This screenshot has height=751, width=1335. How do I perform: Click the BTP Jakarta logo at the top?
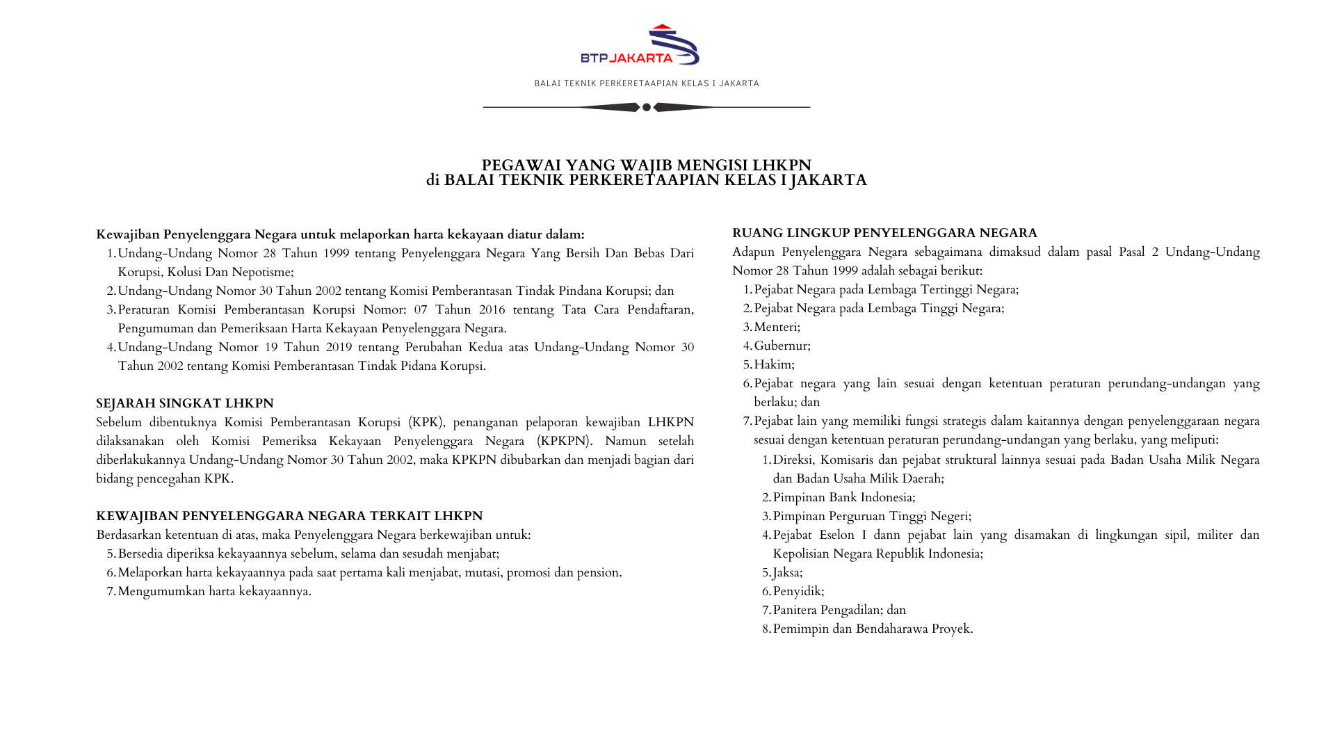pyautogui.click(x=640, y=45)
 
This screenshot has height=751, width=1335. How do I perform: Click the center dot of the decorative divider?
pyautogui.click(x=647, y=107)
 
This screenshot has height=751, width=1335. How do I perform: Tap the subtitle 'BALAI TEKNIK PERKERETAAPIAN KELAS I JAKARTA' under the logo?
pyautogui.click(x=647, y=83)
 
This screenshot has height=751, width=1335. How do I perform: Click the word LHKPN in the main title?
pyautogui.click(x=782, y=165)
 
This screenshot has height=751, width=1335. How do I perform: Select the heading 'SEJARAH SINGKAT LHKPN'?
pyautogui.click(x=185, y=403)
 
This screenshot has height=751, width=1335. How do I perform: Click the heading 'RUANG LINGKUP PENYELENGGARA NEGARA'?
pyautogui.click(x=884, y=233)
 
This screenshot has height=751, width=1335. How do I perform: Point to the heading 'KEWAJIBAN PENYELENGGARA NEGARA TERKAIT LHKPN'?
pyautogui.click(x=289, y=516)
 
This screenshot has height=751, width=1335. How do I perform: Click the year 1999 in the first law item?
pyautogui.click(x=336, y=253)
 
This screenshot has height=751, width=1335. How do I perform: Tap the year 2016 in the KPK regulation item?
pyautogui.click(x=492, y=309)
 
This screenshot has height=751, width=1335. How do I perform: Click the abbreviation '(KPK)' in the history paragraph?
pyautogui.click(x=426, y=422)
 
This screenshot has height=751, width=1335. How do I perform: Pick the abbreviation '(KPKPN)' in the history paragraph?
pyautogui.click(x=564, y=441)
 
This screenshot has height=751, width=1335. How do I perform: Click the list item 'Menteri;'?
pyautogui.click(x=777, y=327)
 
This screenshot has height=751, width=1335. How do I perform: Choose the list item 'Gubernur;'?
pyautogui.click(x=782, y=346)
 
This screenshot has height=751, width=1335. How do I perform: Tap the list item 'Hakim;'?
pyautogui.click(x=774, y=364)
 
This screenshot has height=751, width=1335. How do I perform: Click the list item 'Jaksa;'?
pyautogui.click(x=788, y=572)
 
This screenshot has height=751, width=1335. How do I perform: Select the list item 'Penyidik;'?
pyautogui.click(x=798, y=591)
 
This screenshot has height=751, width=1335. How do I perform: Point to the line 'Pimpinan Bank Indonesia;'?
pyautogui.click(x=844, y=497)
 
